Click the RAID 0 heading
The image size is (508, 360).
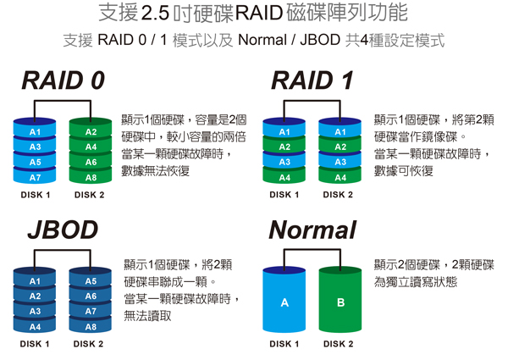coord(63,80)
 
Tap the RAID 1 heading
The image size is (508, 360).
coord(312,80)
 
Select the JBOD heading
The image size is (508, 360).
coord(63,230)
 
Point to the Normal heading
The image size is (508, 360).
coord(312,230)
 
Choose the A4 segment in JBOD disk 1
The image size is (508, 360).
coord(35,325)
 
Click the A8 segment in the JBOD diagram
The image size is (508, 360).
coord(91,325)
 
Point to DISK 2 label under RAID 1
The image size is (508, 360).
coord(338,195)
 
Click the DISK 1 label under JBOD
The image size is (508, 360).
coord(35,344)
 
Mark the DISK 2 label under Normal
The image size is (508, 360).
coord(338,344)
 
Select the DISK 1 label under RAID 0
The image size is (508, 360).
coord(36,195)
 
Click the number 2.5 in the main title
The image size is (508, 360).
coord(156,14)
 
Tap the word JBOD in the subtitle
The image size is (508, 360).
coord(320,40)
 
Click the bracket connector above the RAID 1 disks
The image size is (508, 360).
coord(312,101)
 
